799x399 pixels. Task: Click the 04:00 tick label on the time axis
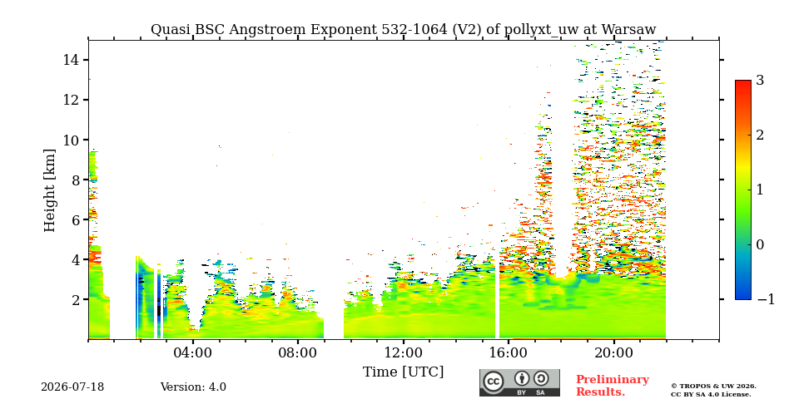click(193, 352)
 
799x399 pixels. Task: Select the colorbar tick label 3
click(760, 81)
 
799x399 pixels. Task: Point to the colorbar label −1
click(766, 299)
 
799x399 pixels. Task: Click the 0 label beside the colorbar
click(760, 244)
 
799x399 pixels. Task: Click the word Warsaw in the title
click(629, 30)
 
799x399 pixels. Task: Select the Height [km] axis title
click(49, 190)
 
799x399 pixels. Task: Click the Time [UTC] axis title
click(403, 372)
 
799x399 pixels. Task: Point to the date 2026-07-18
click(72, 387)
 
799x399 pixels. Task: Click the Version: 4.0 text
click(193, 387)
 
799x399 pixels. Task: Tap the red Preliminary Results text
click(613, 385)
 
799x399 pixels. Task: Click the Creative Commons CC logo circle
click(494, 382)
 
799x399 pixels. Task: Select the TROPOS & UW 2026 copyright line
click(713, 387)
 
